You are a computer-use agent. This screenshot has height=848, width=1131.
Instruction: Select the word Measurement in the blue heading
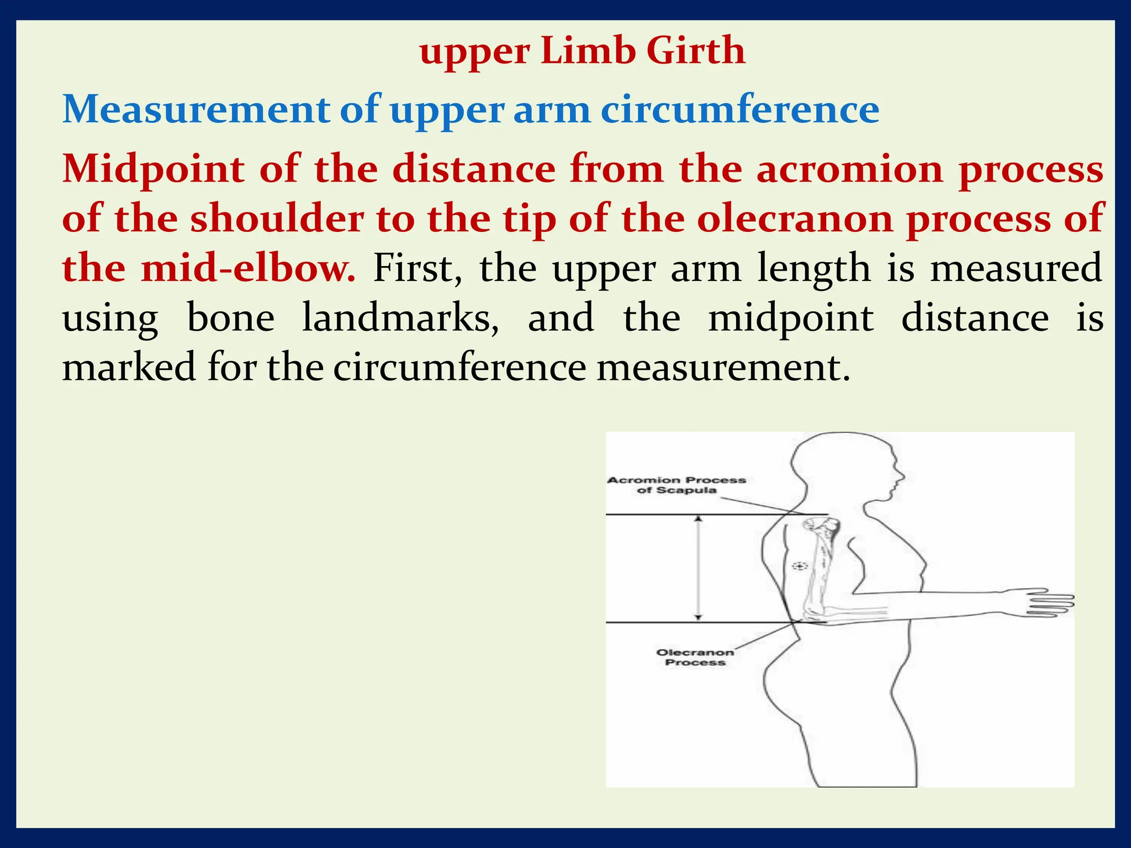(196, 109)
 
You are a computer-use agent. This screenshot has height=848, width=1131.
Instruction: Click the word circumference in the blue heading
(739, 109)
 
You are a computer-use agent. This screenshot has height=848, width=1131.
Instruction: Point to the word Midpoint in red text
(153, 169)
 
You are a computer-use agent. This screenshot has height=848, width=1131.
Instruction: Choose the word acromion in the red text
(849, 169)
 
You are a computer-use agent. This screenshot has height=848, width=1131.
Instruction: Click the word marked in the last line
(129, 368)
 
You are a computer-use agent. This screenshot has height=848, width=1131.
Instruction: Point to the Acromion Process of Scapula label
(677, 485)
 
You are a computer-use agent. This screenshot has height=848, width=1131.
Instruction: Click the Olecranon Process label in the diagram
(695, 657)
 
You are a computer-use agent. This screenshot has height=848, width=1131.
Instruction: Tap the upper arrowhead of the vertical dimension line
(699, 519)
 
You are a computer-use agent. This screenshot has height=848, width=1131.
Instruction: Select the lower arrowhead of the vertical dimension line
(699, 617)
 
